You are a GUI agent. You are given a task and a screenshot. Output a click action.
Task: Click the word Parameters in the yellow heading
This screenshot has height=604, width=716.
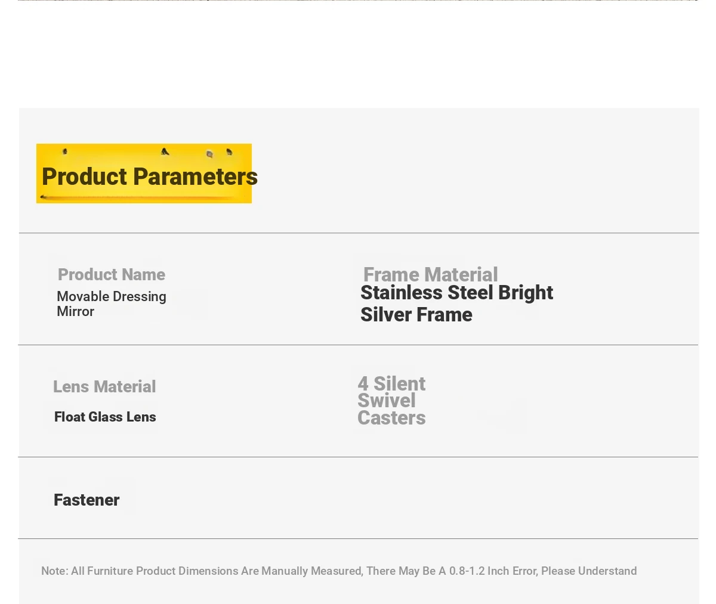195,177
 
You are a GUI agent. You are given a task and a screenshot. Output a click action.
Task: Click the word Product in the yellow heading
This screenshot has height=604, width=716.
84,177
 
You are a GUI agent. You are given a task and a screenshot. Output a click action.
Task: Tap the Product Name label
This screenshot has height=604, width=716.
112,275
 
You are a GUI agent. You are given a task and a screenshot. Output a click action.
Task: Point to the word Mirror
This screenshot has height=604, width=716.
75,312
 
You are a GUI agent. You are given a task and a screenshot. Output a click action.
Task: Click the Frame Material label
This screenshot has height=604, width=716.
430,275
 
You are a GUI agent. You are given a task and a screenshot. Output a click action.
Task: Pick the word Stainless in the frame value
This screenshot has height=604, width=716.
401,293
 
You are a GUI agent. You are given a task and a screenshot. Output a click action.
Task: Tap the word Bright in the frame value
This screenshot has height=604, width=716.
525,293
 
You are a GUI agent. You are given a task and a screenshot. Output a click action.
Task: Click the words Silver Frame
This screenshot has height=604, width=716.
416,315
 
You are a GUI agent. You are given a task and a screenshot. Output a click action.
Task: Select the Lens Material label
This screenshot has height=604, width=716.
104,387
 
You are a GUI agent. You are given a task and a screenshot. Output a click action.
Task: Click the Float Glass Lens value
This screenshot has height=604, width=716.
105,417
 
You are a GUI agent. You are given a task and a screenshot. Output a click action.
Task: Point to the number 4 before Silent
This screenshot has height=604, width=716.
363,383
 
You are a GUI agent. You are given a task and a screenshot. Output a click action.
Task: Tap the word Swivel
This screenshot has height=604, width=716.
387,401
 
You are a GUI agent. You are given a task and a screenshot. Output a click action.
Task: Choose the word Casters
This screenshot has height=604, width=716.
391,418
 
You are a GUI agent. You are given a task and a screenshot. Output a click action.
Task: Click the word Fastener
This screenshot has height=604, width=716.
87,500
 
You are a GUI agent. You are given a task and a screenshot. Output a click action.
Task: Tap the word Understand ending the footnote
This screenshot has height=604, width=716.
607,571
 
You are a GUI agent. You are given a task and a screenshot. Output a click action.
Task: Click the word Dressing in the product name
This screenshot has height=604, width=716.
138,297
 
